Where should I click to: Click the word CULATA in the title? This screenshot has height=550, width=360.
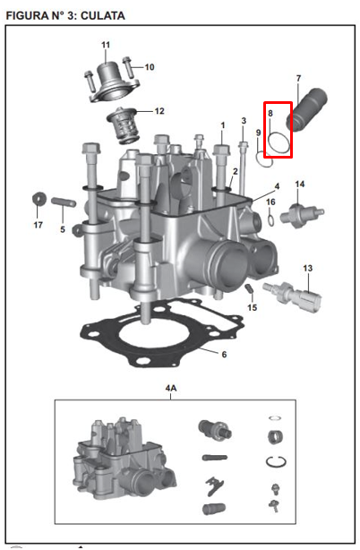click(103, 16)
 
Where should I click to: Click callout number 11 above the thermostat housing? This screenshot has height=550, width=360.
click(106, 45)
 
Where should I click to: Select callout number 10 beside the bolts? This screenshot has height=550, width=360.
click(150, 67)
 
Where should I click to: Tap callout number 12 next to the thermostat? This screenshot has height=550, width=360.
click(159, 111)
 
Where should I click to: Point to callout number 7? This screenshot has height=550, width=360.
click(298, 78)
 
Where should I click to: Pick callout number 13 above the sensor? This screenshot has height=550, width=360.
click(307, 269)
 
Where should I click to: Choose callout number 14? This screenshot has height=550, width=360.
click(300, 185)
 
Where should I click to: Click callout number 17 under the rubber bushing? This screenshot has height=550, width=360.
click(39, 225)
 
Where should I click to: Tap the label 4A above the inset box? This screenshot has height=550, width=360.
click(171, 388)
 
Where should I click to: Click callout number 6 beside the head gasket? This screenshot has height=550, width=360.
click(224, 355)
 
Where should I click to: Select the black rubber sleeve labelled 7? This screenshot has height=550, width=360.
click(307, 109)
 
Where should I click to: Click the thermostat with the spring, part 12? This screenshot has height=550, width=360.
click(124, 125)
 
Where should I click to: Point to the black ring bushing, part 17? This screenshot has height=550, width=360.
click(39, 199)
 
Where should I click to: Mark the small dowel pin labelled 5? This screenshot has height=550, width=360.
click(64, 202)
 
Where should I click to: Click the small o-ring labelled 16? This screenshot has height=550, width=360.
click(271, 220)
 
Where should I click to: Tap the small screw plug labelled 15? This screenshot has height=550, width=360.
click(249, 289)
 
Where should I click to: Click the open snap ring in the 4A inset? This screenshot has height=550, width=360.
click(276, 462)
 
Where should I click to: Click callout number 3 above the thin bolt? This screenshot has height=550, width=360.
click(244, 121)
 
